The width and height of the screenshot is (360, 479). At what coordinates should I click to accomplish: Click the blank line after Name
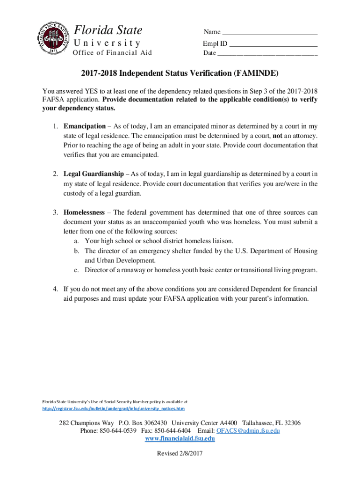(270, 33)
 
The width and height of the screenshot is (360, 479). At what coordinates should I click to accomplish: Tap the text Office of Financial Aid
(112, 52)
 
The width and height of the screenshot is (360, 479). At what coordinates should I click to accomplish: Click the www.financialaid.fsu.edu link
(180, 439)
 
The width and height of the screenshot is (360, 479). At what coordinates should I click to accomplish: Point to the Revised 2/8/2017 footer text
(180, 453)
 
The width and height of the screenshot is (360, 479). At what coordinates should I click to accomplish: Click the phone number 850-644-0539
(118, 430)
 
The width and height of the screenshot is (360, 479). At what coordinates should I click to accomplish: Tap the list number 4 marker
(55, 289)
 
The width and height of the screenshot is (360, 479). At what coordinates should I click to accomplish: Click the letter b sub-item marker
(76, 251)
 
